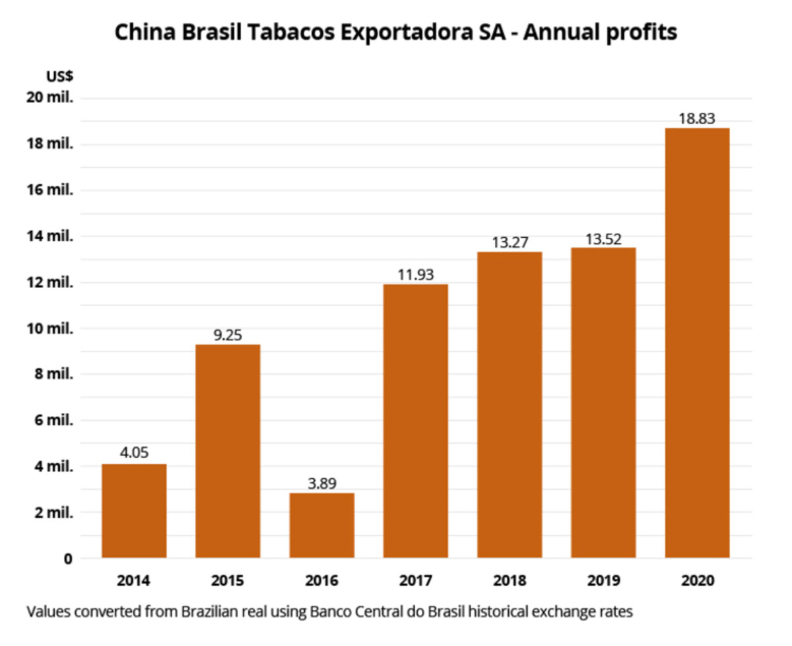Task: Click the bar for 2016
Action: [x=321, y=525]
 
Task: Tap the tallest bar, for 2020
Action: [x=697, y=343]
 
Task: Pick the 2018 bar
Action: [x=510, y=404]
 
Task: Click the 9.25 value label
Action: [x=228, y=335]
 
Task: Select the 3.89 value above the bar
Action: [x=321, y=484]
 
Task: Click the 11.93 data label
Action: [x=416, y=275]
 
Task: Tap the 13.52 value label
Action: [x=603, y=238]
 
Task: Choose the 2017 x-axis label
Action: [x=416, y=581]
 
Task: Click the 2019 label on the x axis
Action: [x=603, y=581]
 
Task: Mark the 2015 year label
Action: [x=228, y=581]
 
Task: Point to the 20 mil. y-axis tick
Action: [x=49, y=98]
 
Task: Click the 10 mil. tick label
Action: [x=49, y=328]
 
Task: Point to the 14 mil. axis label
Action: [x=49, y=236]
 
